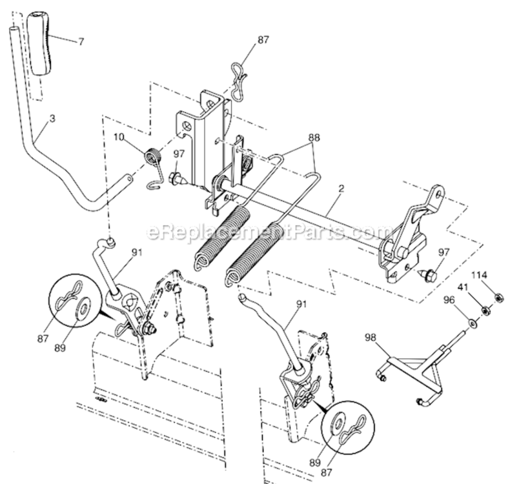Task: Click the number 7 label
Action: tap(81, 42)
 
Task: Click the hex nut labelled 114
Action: tap(499, 297)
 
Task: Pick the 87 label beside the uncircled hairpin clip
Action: tap(263, 39)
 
